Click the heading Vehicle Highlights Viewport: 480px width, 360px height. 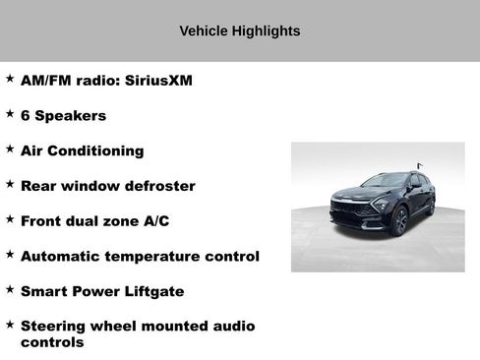click(x=239, y=31)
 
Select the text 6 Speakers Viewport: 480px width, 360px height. click(x=63, y=116)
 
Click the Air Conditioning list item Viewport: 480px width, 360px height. click(x=82, y=150)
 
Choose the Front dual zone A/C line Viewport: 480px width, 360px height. click(x=94, y=221)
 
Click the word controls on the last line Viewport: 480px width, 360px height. click(x=52, y=342)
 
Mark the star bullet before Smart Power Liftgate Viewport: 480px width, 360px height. click(x=10, y=289)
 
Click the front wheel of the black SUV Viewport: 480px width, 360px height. click(x=399, y=222)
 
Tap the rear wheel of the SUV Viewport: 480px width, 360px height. click(x=431, y=206)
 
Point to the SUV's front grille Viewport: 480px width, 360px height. click(x=347, y=210)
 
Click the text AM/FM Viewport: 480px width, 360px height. click(x=45, y=81)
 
